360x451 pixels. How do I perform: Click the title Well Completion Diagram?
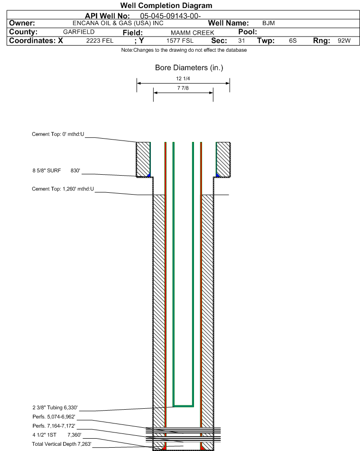click(x=166, y=6)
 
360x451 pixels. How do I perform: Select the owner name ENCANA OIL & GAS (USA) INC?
click(x=118, y=23)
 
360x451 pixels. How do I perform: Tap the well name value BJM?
click(x=268, y=23)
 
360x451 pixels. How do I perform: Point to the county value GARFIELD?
click(x=79, y=32)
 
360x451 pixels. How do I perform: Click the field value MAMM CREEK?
click(x=189, y=32)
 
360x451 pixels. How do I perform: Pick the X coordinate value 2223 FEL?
click(x=100, y=41)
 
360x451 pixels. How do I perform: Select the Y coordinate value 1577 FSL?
click(x=180, y=41)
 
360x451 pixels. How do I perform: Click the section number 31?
click(x=241, y=41)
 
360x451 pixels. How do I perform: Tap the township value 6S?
click(x=293, y=41)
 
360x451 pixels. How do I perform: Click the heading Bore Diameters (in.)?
click(x=189, y=68)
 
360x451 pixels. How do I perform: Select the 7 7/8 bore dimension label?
click(x=183, y=88)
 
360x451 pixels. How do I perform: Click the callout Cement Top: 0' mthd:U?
click(x=58, y=134)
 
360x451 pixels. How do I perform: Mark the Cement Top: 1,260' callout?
click(x=63, y=189)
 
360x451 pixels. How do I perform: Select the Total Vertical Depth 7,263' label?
click(x=62, y=443)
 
